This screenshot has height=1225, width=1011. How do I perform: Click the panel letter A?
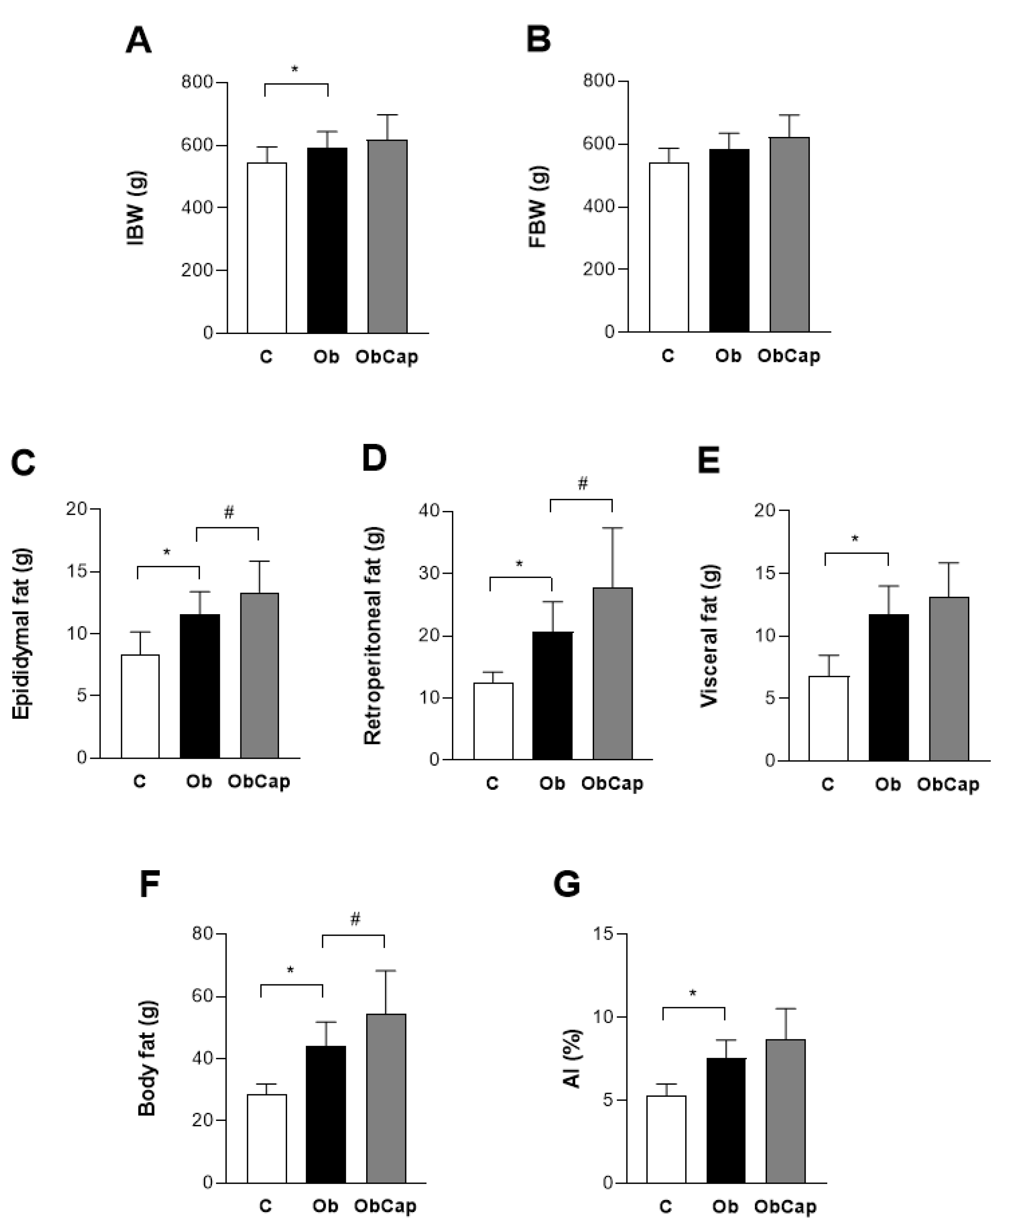coord(139,41)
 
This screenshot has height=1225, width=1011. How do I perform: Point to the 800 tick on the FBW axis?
coord(599,80)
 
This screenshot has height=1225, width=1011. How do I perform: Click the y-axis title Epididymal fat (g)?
coord(22,634)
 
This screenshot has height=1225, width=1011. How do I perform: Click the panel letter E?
coord(708,461)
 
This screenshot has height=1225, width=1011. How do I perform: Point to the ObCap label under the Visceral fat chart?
coord(948,784)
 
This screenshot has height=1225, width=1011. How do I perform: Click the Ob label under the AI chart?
coord(725,1206)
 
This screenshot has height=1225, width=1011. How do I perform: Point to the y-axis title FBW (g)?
coord(538,207)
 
